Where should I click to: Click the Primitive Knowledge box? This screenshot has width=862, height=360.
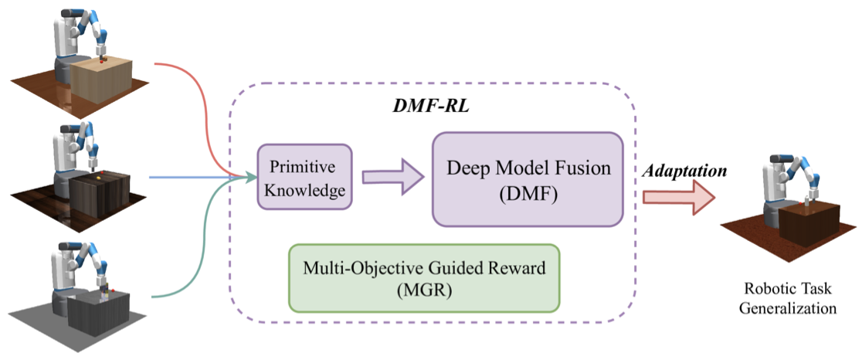(304, 176)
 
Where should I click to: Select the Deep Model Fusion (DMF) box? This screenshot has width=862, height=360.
(527, 179)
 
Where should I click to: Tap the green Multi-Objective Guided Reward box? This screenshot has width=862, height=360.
(423, 278)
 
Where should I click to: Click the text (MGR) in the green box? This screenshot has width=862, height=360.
(423, 291)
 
